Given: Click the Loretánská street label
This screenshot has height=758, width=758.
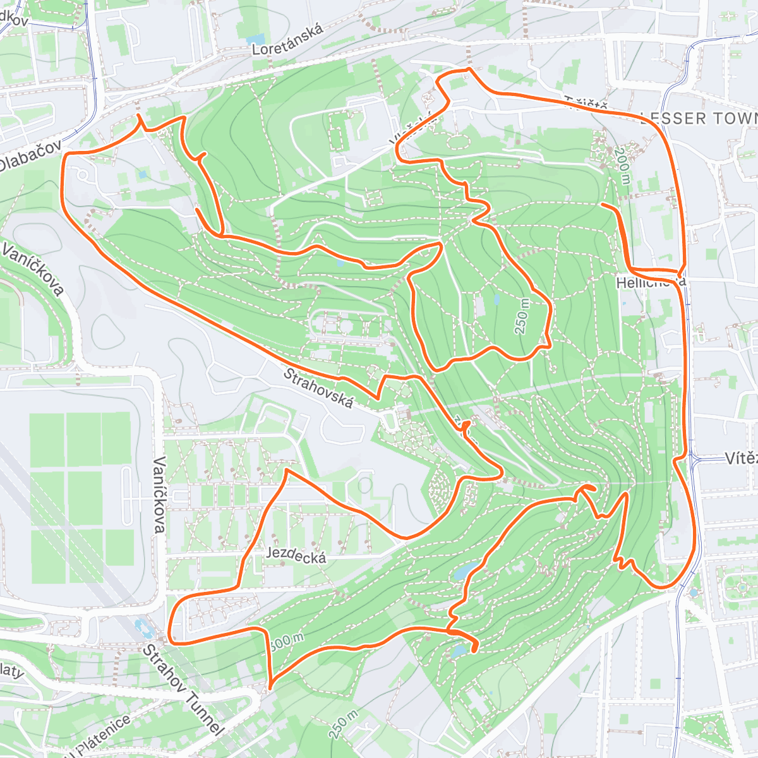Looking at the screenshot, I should [x=287, y=39].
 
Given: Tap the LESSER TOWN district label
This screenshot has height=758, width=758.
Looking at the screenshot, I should [x=698, y=118].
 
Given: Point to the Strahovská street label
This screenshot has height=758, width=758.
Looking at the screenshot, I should [x=318, y=388].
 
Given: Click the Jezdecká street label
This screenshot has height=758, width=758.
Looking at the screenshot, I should [x=296, y=555].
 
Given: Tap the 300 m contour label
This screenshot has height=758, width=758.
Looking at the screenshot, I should [x=286, y=641].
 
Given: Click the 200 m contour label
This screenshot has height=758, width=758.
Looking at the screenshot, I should [x=623, y=165].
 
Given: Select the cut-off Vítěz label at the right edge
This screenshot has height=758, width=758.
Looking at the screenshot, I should [x=740, y=458].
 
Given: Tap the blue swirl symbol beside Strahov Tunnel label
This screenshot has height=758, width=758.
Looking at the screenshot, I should [x=143, y=627].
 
